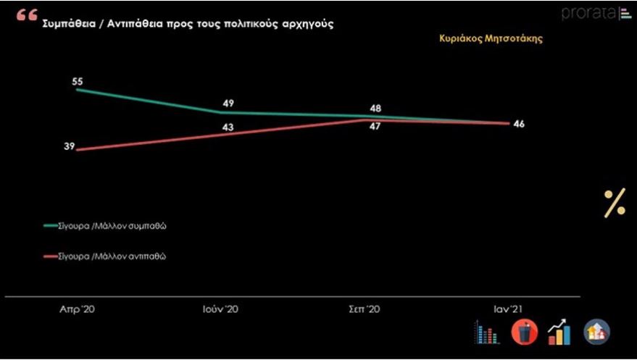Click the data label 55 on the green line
76,81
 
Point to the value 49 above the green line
228,104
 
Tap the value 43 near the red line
228,127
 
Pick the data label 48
375,109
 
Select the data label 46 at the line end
518,124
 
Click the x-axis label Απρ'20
77,309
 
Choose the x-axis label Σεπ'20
364,309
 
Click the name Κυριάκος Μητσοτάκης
491,39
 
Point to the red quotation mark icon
26,16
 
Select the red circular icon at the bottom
523,332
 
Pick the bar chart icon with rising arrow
559,332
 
